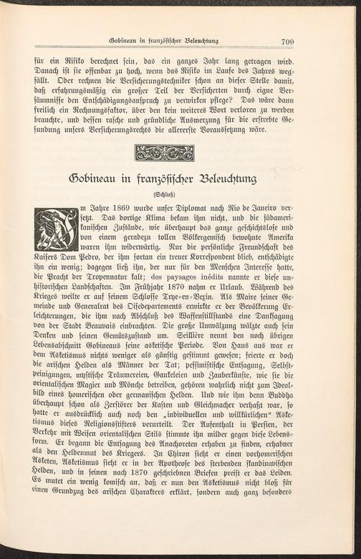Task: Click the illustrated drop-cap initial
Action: pyautogui.click(x=56, y=229)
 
